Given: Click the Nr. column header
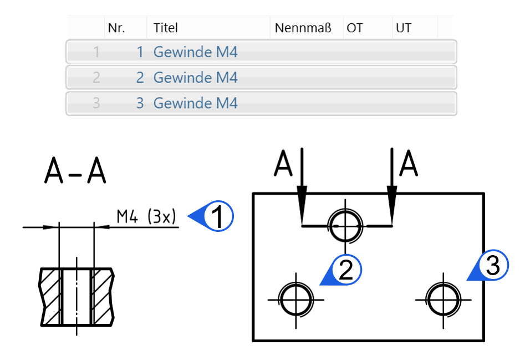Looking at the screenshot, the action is point(116,28).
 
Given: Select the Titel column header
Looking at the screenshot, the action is point(165,28).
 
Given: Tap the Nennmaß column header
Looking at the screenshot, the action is point(303,28).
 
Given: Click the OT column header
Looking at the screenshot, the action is point(355,28).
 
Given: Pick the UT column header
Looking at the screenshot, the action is point(404,28).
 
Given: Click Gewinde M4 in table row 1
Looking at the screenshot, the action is point(196,52).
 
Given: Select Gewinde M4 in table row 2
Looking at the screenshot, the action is point(196,77).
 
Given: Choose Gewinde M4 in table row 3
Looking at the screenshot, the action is point(196,103).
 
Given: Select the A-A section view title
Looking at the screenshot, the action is point(75,170).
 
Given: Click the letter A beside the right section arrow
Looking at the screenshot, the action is point(409,163).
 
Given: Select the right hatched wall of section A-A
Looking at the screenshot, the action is point(103,297).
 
